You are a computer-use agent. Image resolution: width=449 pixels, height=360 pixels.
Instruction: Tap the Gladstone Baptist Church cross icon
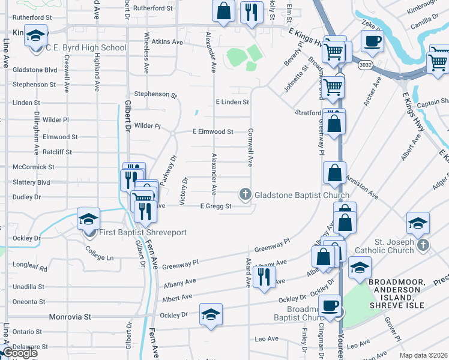(x=245, y=194)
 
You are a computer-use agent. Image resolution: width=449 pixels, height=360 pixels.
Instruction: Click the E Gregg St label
(x=215, y=206)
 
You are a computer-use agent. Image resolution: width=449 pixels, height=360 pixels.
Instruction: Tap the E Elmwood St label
(x=212, y=131)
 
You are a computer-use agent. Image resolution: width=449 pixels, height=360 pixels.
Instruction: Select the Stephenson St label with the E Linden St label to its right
(x=156, y=94)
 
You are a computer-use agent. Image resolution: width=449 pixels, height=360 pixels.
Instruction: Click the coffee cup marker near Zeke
(x=372, y=41)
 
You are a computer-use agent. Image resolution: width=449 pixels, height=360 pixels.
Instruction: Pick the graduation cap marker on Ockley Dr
(x=211, y=315)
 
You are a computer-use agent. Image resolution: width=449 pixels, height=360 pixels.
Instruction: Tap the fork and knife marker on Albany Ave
(x=264, y=277)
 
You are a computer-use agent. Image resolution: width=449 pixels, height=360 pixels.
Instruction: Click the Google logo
(x=20, y=353)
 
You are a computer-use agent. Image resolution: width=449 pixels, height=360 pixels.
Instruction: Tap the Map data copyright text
(x=424, y=355)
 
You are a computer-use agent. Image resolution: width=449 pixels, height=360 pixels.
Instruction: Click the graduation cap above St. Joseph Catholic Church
(x=418, y=224)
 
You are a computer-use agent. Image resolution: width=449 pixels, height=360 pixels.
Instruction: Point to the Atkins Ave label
(x=167, y=42)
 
